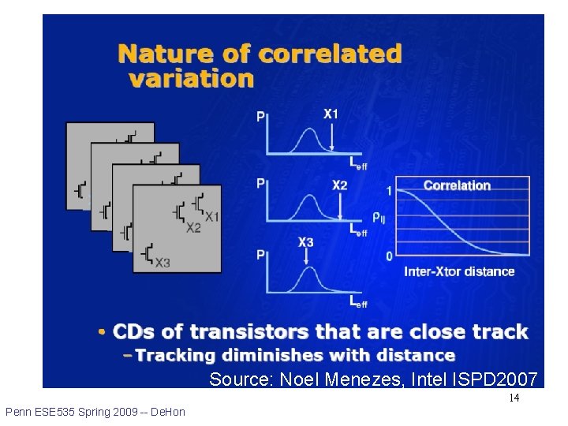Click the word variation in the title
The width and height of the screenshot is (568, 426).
pos(191,79)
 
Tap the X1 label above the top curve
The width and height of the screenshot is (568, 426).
pos(331,114)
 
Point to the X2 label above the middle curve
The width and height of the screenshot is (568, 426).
pos(339,185)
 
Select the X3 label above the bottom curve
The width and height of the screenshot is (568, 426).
pos(306,242)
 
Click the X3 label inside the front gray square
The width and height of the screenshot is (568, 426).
pos(162,263)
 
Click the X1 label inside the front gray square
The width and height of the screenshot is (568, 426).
pos(211,216)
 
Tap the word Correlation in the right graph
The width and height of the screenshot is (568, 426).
pos(457,185)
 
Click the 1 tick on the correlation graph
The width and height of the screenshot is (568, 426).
pos(389,190)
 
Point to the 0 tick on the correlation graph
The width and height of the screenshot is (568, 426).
pos(389,256)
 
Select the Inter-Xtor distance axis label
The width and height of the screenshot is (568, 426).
pos(459,271)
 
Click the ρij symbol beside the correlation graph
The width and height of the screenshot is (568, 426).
pos(379,217)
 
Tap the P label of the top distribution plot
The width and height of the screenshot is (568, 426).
pos(261,117)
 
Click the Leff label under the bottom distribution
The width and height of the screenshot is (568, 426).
pos(358,301)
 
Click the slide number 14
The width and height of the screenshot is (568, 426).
pos(514,398)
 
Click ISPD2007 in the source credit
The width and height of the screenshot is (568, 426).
pos(497,379)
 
